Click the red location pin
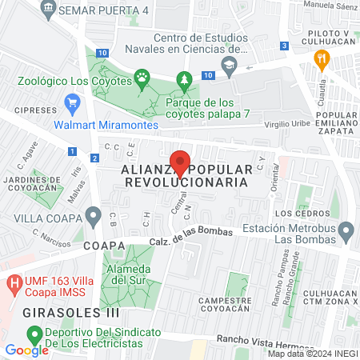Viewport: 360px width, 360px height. [x=180, y=162]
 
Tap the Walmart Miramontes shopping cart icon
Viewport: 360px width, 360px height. [x=73, y=102]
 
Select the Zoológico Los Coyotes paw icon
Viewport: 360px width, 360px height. [x=142, y=79]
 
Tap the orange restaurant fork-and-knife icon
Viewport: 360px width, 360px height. [x=322, y=58]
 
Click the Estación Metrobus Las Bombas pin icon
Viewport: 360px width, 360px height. [x=346, y=233]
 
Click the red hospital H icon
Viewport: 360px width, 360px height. [x=13, y=284]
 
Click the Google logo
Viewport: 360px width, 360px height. [x=26, y=350]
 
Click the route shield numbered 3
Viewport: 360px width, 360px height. [x=286, y=46]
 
